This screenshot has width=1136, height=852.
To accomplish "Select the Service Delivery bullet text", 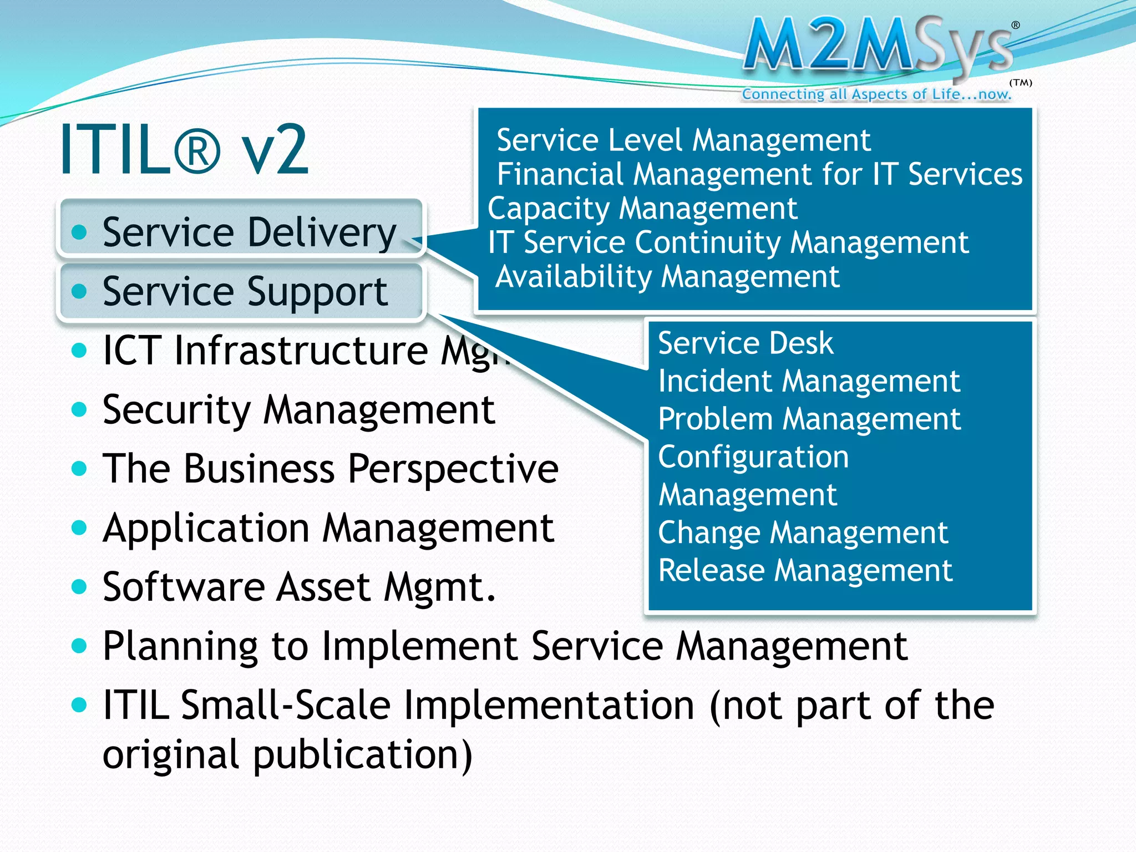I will [249, 232].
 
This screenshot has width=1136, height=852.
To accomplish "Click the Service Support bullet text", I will [245, 291].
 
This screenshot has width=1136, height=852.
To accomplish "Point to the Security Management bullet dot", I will [80, 410].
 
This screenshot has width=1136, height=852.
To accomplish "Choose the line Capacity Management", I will [642, 209].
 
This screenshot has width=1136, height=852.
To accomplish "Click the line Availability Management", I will [667, 277].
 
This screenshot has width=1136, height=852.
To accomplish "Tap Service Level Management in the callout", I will [683, 140].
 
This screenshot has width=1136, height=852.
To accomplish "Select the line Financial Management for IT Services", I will [759, 175].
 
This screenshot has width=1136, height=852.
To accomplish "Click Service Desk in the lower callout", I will [745, 343].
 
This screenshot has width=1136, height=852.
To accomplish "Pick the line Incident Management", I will [809, 382].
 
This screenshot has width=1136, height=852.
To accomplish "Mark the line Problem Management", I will [809, 419].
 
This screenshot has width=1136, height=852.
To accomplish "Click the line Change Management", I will [803, 533].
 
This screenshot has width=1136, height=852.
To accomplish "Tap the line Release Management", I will [805, 571].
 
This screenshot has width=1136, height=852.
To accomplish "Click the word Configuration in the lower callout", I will [753, 458].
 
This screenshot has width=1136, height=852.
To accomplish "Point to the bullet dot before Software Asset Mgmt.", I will [80, 587].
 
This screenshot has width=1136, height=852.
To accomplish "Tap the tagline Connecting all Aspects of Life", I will [876, 94].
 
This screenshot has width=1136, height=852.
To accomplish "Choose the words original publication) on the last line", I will [287, 755].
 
